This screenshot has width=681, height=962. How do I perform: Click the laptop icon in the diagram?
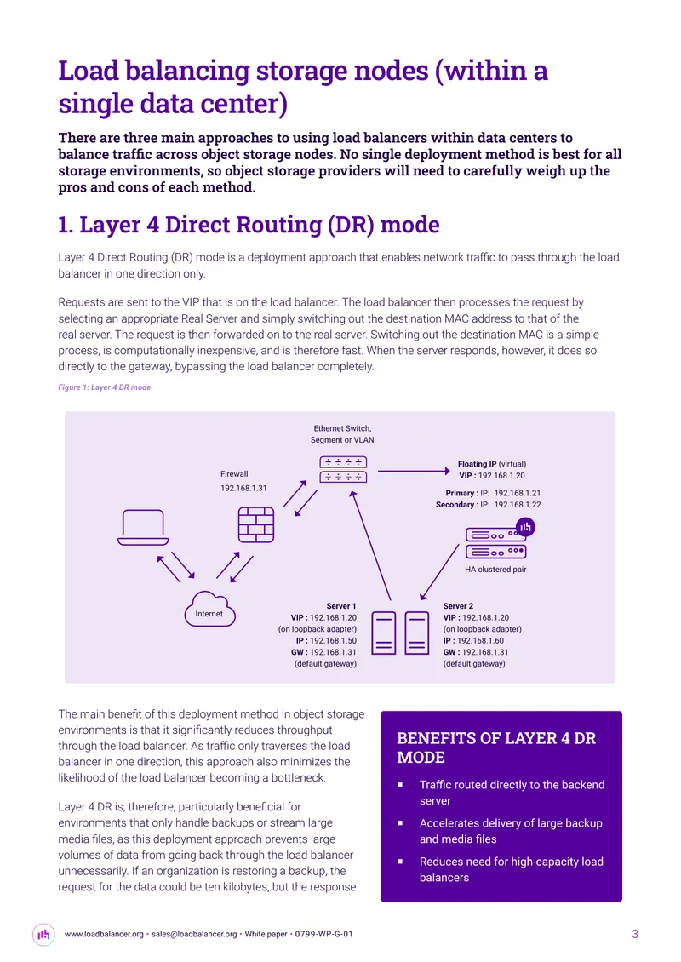143,528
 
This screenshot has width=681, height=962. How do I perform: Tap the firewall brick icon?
256,524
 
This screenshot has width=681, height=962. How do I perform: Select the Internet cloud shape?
209,609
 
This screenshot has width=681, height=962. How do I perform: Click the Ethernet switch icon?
343,469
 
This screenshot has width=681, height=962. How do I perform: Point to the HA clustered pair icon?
495,543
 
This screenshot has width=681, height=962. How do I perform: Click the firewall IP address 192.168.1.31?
243,489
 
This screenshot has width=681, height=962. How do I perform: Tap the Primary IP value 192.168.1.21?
518,493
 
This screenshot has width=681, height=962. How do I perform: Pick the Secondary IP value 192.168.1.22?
518,505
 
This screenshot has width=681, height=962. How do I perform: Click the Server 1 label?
341,606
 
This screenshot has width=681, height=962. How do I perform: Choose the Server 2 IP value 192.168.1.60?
480,640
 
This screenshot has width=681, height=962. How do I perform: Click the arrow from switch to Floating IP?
414,471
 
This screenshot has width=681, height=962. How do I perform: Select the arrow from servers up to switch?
370,545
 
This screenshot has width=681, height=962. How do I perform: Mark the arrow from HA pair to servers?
439,572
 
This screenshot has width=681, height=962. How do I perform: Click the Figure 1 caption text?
105,387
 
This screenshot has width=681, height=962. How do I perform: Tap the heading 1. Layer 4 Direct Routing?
249,225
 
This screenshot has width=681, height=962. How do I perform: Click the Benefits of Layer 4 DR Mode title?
495,747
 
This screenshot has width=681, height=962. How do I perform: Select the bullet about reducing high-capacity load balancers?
511,869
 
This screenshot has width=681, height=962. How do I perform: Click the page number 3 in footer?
635,934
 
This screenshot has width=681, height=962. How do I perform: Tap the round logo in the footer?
43,935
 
